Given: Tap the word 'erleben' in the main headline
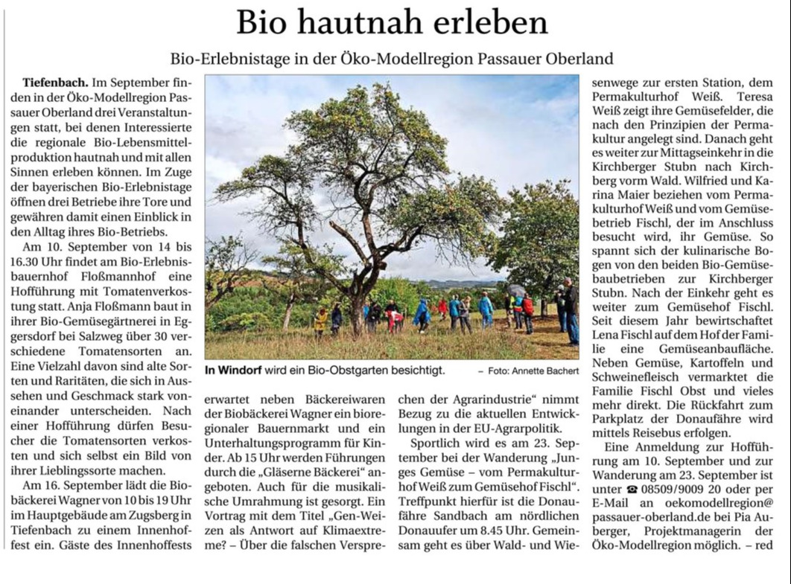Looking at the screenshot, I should point(490,24).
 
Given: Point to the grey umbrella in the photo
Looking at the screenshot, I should point(515,289).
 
